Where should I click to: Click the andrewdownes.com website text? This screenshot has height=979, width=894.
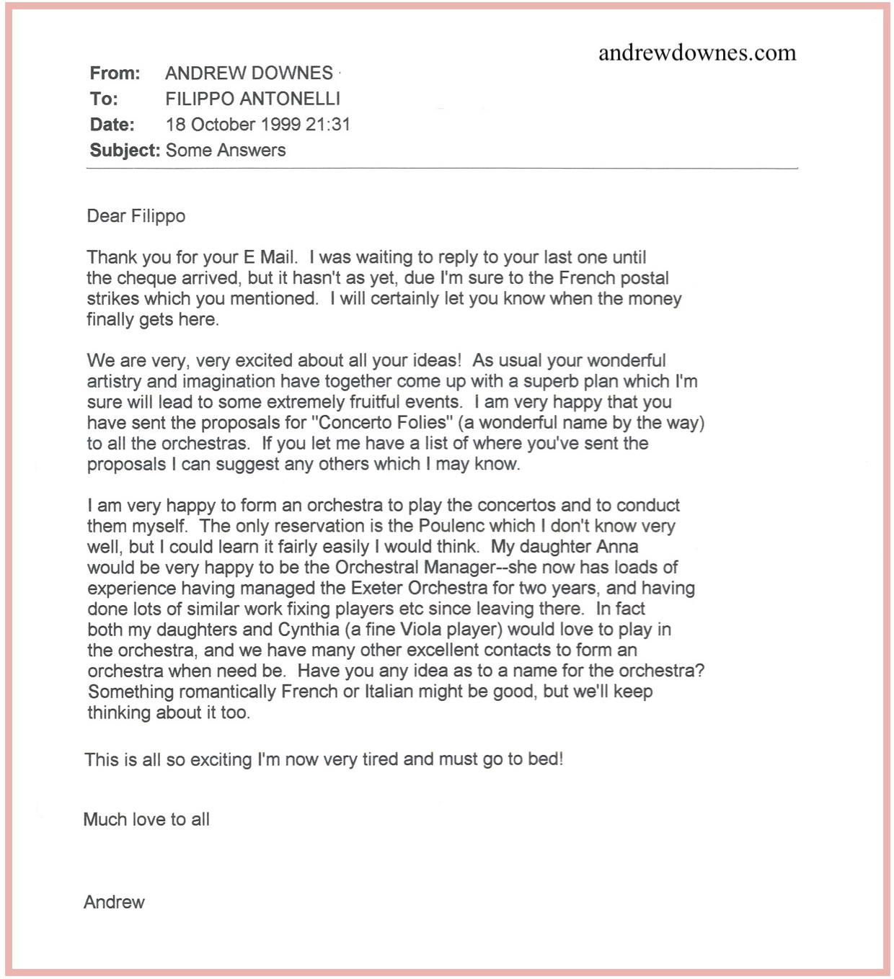pyautogui.click(x=697, y=53)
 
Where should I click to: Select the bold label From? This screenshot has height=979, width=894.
pyautogui.click(x=115, y=73)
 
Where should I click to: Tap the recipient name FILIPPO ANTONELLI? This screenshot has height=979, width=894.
pyautogui.click(x=252, y=99)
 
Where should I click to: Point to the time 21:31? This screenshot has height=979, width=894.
pyautogui.click(x=328, y=125)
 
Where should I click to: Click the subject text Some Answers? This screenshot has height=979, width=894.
pyautogui.click(x=226, y=151)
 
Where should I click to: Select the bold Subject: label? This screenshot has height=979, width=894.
pyautogui.click(x=125, y=151)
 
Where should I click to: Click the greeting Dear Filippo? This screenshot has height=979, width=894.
pyautogui.click(x=136, y=216)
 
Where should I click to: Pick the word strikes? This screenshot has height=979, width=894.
pyautogui.click(x=113, y=299)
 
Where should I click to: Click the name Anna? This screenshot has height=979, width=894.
pyautogui.click(x=618, y=547)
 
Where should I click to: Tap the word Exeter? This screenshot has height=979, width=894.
pyautogui.click(x=376, y=589)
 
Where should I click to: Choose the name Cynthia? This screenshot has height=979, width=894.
pyautogui.click(x=308, y=630)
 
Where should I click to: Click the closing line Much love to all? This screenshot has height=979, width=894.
pyautogui.click(x=146, y=820)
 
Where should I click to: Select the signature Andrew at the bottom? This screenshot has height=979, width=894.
pyautogui.click(x=114, y=903)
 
